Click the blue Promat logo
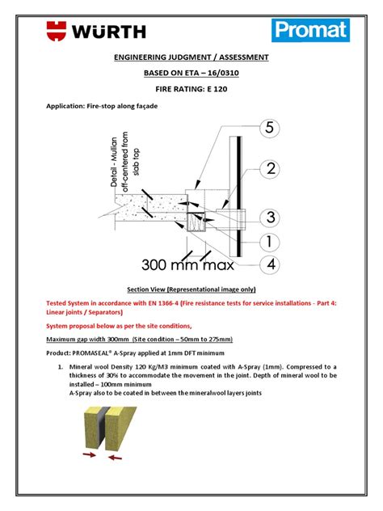(x=310, y=32)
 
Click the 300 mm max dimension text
(x=188, y=264)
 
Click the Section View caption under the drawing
(x=191, y=288)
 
